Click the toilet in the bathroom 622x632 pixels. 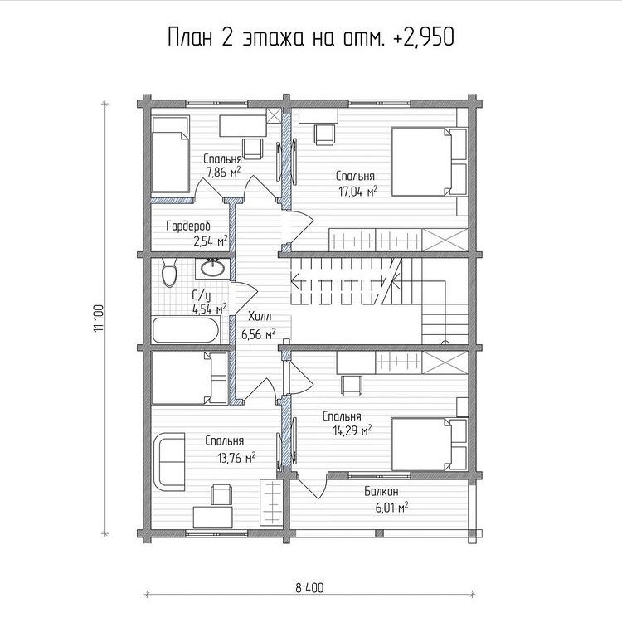(168, 272)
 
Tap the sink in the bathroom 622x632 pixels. (212, 268)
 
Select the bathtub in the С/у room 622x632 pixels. (186, 330)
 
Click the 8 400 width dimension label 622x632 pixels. (309, 588)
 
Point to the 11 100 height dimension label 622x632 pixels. (100, 318)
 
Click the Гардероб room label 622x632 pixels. (188, 226)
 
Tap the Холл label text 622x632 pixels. (260, 316)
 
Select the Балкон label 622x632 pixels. (381, 491)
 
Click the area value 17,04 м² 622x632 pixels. (357, 191)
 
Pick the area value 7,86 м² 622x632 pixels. (223, 173)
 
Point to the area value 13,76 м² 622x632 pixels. (236, 458)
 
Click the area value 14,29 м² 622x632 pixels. (352, 430)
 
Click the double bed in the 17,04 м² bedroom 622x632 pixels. (429, 162)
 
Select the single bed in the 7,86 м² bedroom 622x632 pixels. (170, 154)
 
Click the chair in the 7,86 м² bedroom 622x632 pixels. (253, 148)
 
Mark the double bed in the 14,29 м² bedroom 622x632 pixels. (430, 445)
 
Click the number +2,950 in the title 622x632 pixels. (425, 37)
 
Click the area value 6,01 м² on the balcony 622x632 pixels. (391, 508)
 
